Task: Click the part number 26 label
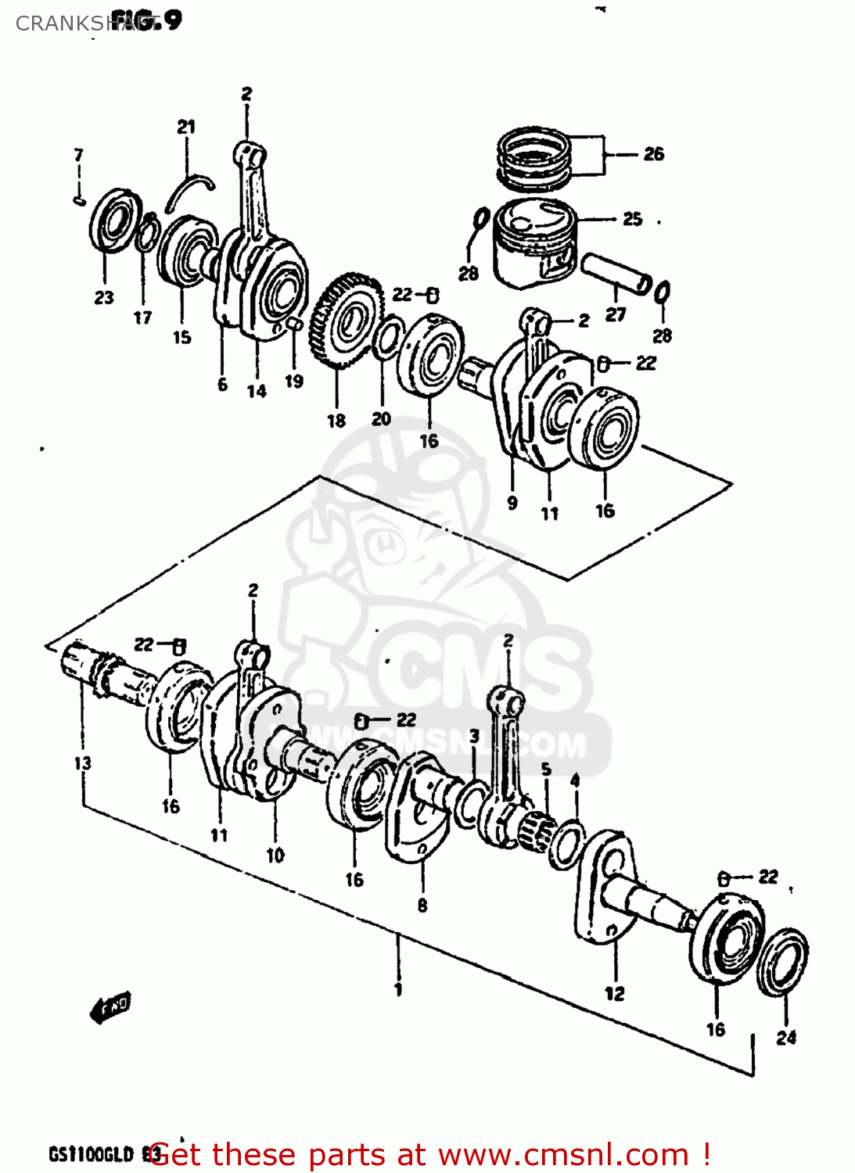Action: (653, 154)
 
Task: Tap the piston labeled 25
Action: (535, 243)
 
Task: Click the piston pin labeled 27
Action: (616, 272)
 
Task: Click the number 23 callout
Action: (104, 298)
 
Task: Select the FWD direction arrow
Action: (111, 1008)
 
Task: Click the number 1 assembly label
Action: (398, 990)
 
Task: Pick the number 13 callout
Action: (82, 763)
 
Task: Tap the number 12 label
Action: (615, 994)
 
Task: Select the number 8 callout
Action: (422, 906)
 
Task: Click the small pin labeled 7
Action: (79, 201)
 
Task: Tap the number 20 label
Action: (381, 419)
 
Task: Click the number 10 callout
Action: (275, 856)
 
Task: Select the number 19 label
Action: (293, 382)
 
